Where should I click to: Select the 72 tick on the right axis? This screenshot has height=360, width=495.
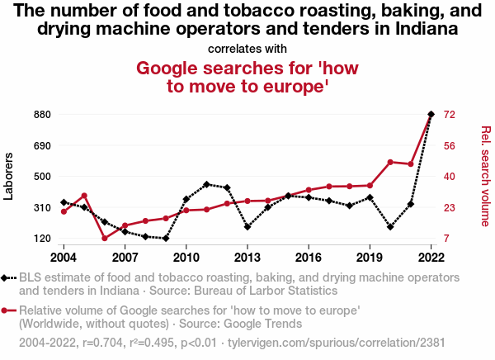[x=450, y=114]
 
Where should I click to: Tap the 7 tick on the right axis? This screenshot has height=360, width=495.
[x=447, y=239]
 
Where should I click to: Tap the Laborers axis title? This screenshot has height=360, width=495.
[x=10, y=176]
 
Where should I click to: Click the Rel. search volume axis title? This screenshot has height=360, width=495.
[x=485, y=176]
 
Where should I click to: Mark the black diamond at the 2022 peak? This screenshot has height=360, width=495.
[x=431, y=114]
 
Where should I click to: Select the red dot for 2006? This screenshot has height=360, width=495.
[x=105, y=239]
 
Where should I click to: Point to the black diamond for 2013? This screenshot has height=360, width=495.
[x=247, y=226]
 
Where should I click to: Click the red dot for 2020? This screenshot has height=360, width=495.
[x=390, y=162]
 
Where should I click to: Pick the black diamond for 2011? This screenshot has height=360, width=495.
[x=206, y=184]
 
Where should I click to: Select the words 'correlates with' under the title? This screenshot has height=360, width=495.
[x=247, y=48]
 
